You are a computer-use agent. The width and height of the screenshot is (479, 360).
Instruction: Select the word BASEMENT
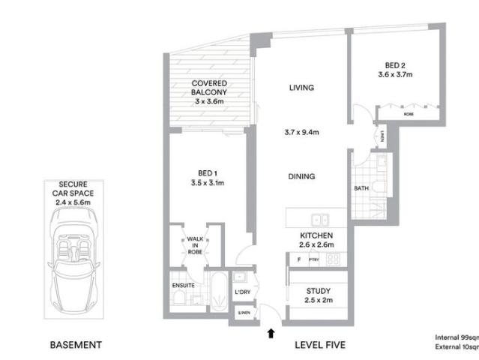pos(75,345)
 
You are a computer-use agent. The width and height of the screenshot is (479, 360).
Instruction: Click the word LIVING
pos(301,88)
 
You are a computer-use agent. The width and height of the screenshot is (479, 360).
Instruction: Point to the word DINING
pos(301,177)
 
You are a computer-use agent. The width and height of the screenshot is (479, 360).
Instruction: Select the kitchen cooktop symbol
pos(333,260)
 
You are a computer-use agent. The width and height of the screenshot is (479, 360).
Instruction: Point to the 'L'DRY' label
pos(242,291)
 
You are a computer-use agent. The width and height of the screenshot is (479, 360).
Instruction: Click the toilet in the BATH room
pos(381,187)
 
